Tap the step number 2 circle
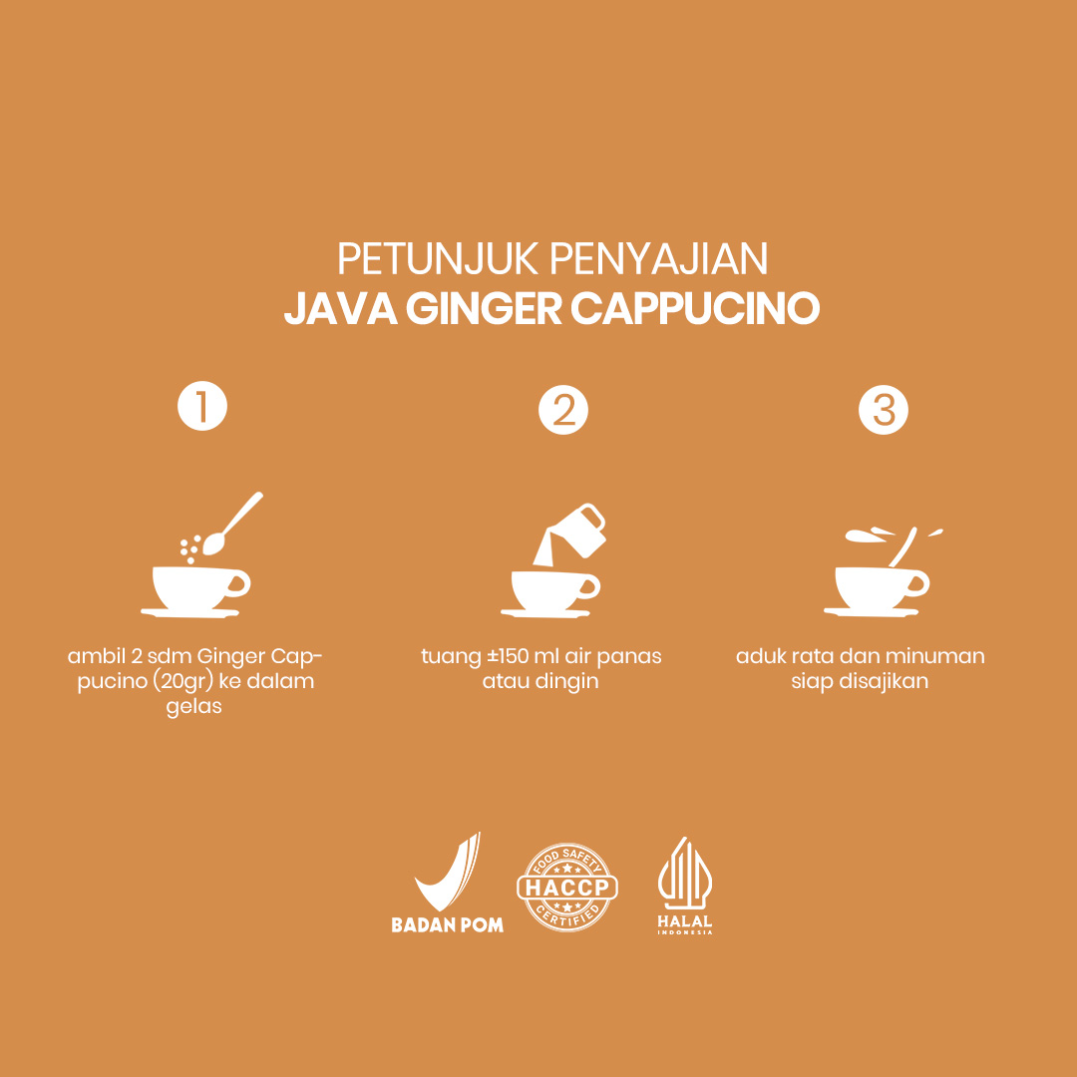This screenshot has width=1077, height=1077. pyautogui.click(x=563, y=410)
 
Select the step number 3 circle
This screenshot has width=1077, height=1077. pyautogui.click(x=884, y=410)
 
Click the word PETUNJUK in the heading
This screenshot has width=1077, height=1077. pyautogui.click(x=438, y=259)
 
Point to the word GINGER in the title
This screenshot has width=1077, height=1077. pyautogui.click(x=484, y=310)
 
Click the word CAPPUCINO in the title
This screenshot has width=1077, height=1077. pyautogui.click(x=695, y=310)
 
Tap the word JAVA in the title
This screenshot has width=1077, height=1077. pyautogui.click(x=341, y=310)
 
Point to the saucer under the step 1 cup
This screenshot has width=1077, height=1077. pyautogui.click(x=190, y=612)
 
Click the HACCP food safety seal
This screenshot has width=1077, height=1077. pyautogui.click(x=567, y=887)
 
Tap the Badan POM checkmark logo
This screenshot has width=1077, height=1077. pyautogui.click(x=448, y=871)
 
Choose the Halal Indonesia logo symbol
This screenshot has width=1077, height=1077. pyautogui.click(x=685, y=873)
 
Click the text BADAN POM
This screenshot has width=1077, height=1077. pyautogui.click(x=447, y=924)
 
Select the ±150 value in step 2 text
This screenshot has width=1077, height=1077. pyautogui.click(x=508, y=656)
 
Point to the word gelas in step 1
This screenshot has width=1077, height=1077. pyautogui.click(x=193, y=708)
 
